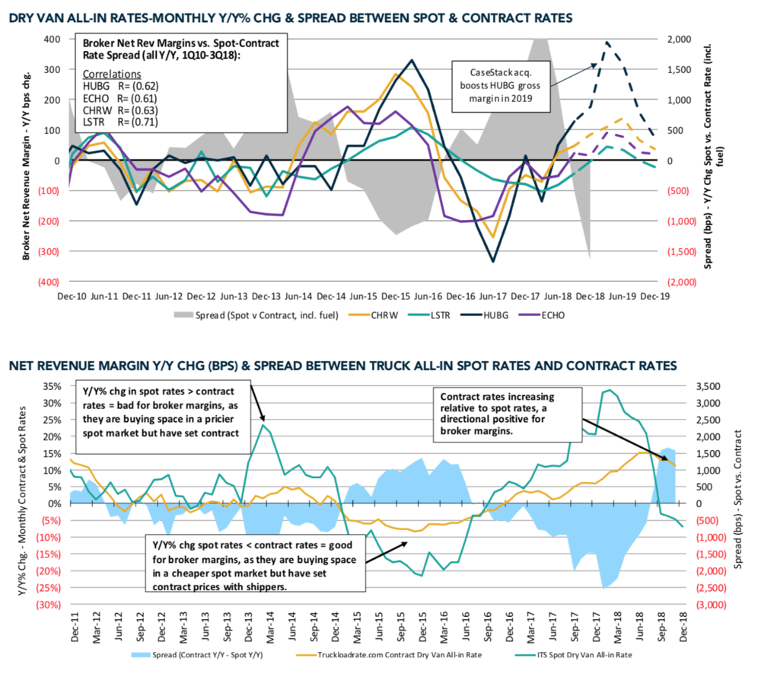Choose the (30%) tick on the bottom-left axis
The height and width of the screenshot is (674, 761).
(50, 605)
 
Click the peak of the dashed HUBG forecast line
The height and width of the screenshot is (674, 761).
(607, 42)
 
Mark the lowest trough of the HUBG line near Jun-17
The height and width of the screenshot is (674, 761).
(493, 261)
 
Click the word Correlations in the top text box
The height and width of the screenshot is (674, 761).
(113, 75)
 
